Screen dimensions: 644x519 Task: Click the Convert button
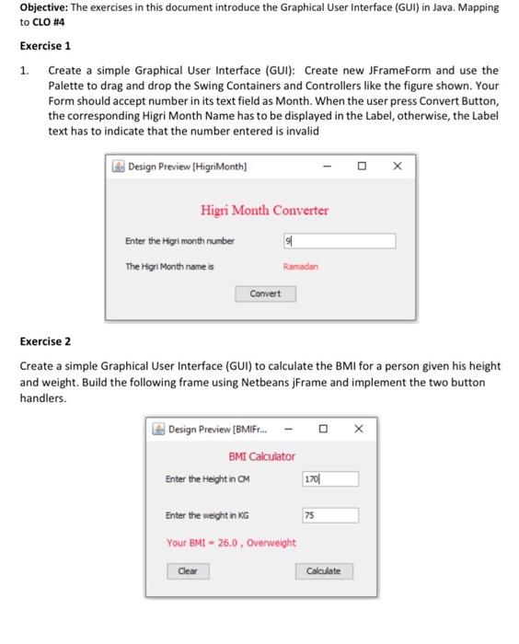(265, 293)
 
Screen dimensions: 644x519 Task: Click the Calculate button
(323, 571)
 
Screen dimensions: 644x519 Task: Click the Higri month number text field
(339, 241)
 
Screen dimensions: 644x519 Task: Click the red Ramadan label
(300, 267)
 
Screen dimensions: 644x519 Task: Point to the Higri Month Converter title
(264, 211)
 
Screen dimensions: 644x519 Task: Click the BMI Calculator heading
(261, 456)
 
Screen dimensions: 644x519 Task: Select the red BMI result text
(231, 543)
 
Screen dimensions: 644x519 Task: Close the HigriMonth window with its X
(397, 167)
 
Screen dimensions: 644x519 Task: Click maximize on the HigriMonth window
(362, 167)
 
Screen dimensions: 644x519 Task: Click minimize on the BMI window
(289, 429)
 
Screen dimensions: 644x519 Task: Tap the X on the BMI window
(359, 429)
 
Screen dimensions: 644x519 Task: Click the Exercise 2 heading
(45, 341)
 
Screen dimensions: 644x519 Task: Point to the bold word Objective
(45, 7)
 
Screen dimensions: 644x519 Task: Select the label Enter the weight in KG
(207, 517)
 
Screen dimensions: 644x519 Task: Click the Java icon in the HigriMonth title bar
(118, 167)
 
